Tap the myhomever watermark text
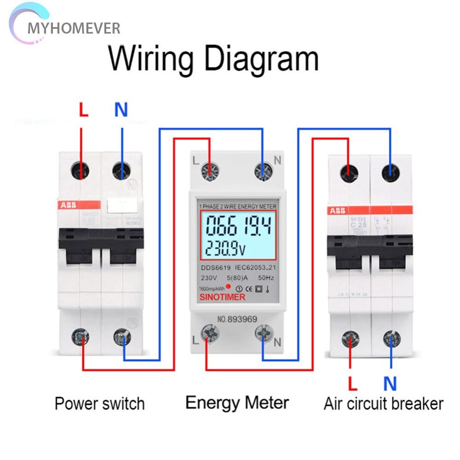click(x=74, y=29)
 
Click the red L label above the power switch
click(x=83, y=111)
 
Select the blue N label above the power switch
click(x=121, y=110)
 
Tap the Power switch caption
click(x=99, y=404)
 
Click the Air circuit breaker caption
click(x=383, y=404)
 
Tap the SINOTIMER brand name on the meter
click(x=222, y=297)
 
